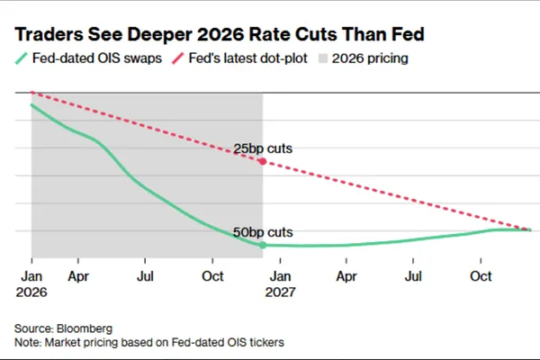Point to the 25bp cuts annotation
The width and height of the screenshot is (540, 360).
click(263, 148)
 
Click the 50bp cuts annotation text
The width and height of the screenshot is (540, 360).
click(263, 232)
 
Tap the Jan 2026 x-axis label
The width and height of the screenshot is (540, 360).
click(31, 283)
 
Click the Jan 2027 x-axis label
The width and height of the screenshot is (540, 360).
click(280, 283)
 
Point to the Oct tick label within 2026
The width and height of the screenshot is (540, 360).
click(212, 276)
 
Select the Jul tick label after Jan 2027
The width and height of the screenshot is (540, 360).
click(413, 276)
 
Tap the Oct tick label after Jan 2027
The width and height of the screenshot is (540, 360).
click(481, 276)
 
